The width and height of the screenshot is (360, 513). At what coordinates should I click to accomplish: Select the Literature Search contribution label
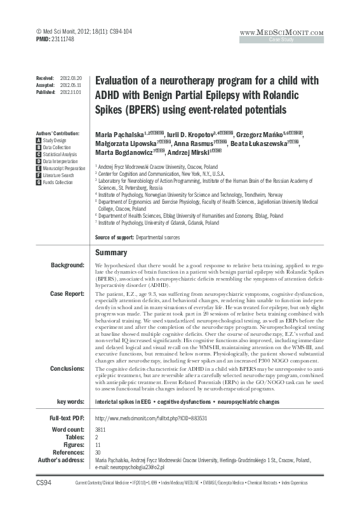pyautogui.click(x=59, y=176)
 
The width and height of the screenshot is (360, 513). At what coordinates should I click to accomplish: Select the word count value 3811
pyautogui.click(x=101, y=430)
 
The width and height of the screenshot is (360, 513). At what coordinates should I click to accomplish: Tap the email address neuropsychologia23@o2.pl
pyautogui.click(x=129, y=467)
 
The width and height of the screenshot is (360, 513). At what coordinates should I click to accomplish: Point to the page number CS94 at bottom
pyautogui.click(x=43, y=502)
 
